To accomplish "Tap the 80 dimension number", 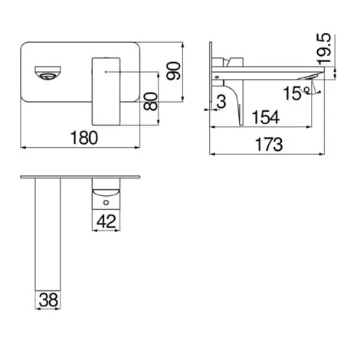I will [x=153, y=100].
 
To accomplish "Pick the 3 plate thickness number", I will [x=221, y=100].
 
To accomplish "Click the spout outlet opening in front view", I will [x=46, y=74].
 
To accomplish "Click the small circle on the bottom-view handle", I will [x=106, y=205].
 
